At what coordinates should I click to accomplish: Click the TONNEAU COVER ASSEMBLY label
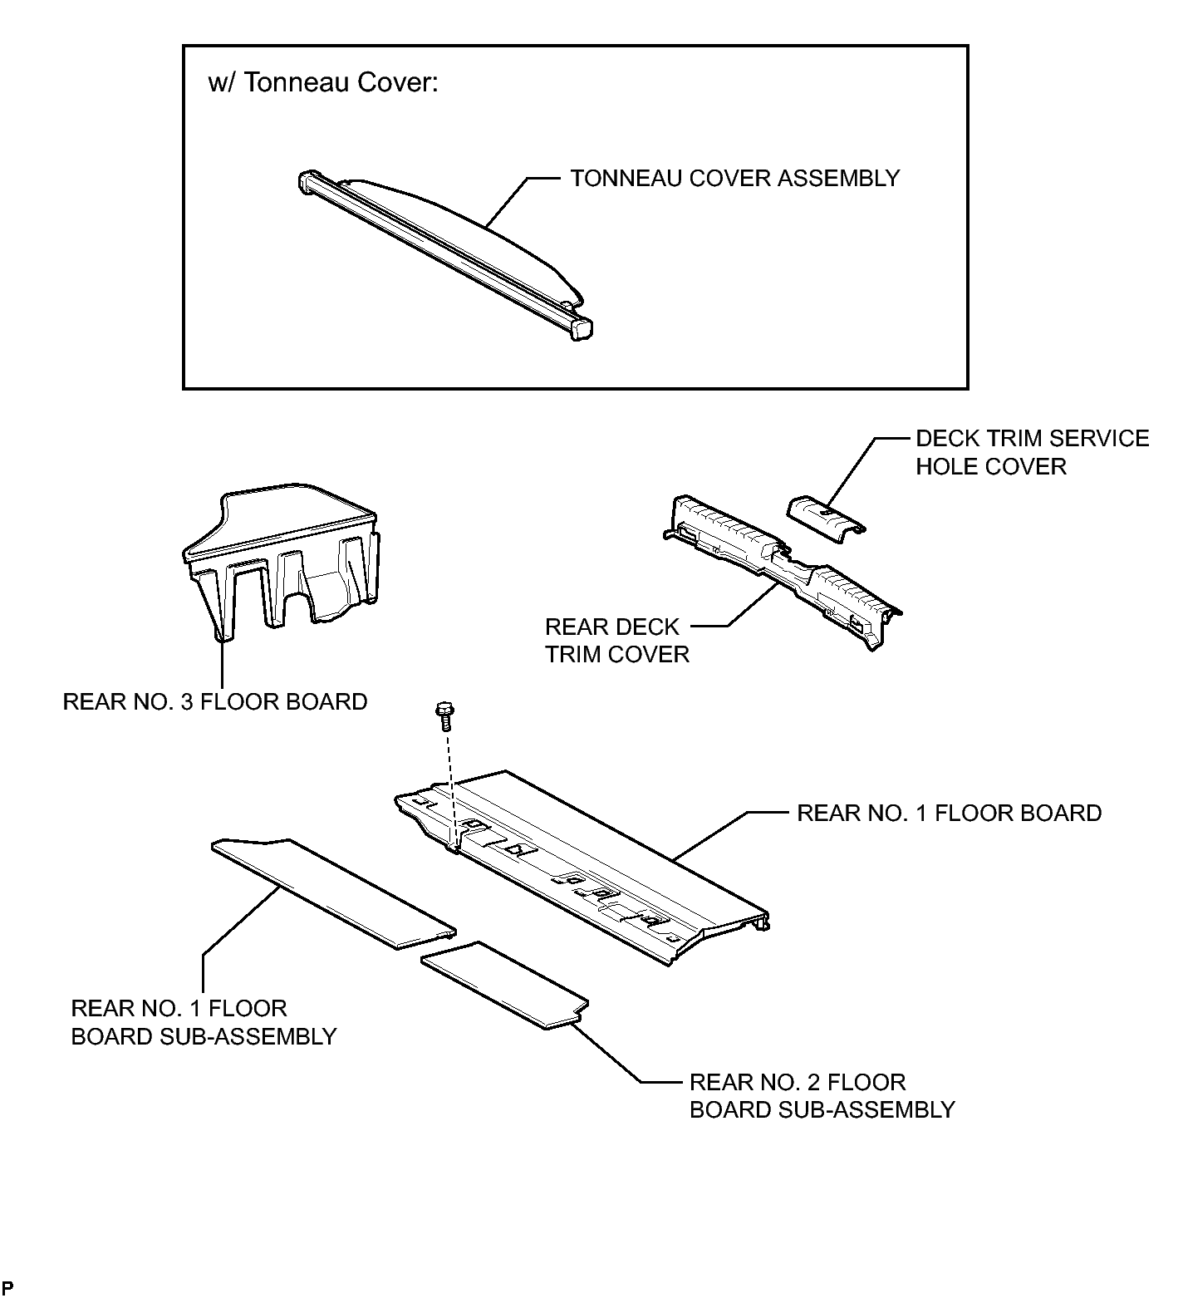click(x=734, y=179)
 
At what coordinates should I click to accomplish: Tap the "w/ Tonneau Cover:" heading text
click(x=322, y=83)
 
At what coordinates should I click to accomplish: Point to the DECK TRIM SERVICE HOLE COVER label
click(x=1033, y=453)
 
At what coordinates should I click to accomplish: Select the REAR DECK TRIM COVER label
click(x=617, y=640)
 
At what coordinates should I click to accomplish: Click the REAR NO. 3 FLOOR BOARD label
click(x=215, y=702)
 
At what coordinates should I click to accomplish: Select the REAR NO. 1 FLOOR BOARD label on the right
click(x=949, y=813)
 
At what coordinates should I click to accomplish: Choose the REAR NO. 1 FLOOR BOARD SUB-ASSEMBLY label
click(x=204, y=1023)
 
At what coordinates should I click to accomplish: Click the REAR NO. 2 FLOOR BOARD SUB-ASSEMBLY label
click(x=822, y=1096)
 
